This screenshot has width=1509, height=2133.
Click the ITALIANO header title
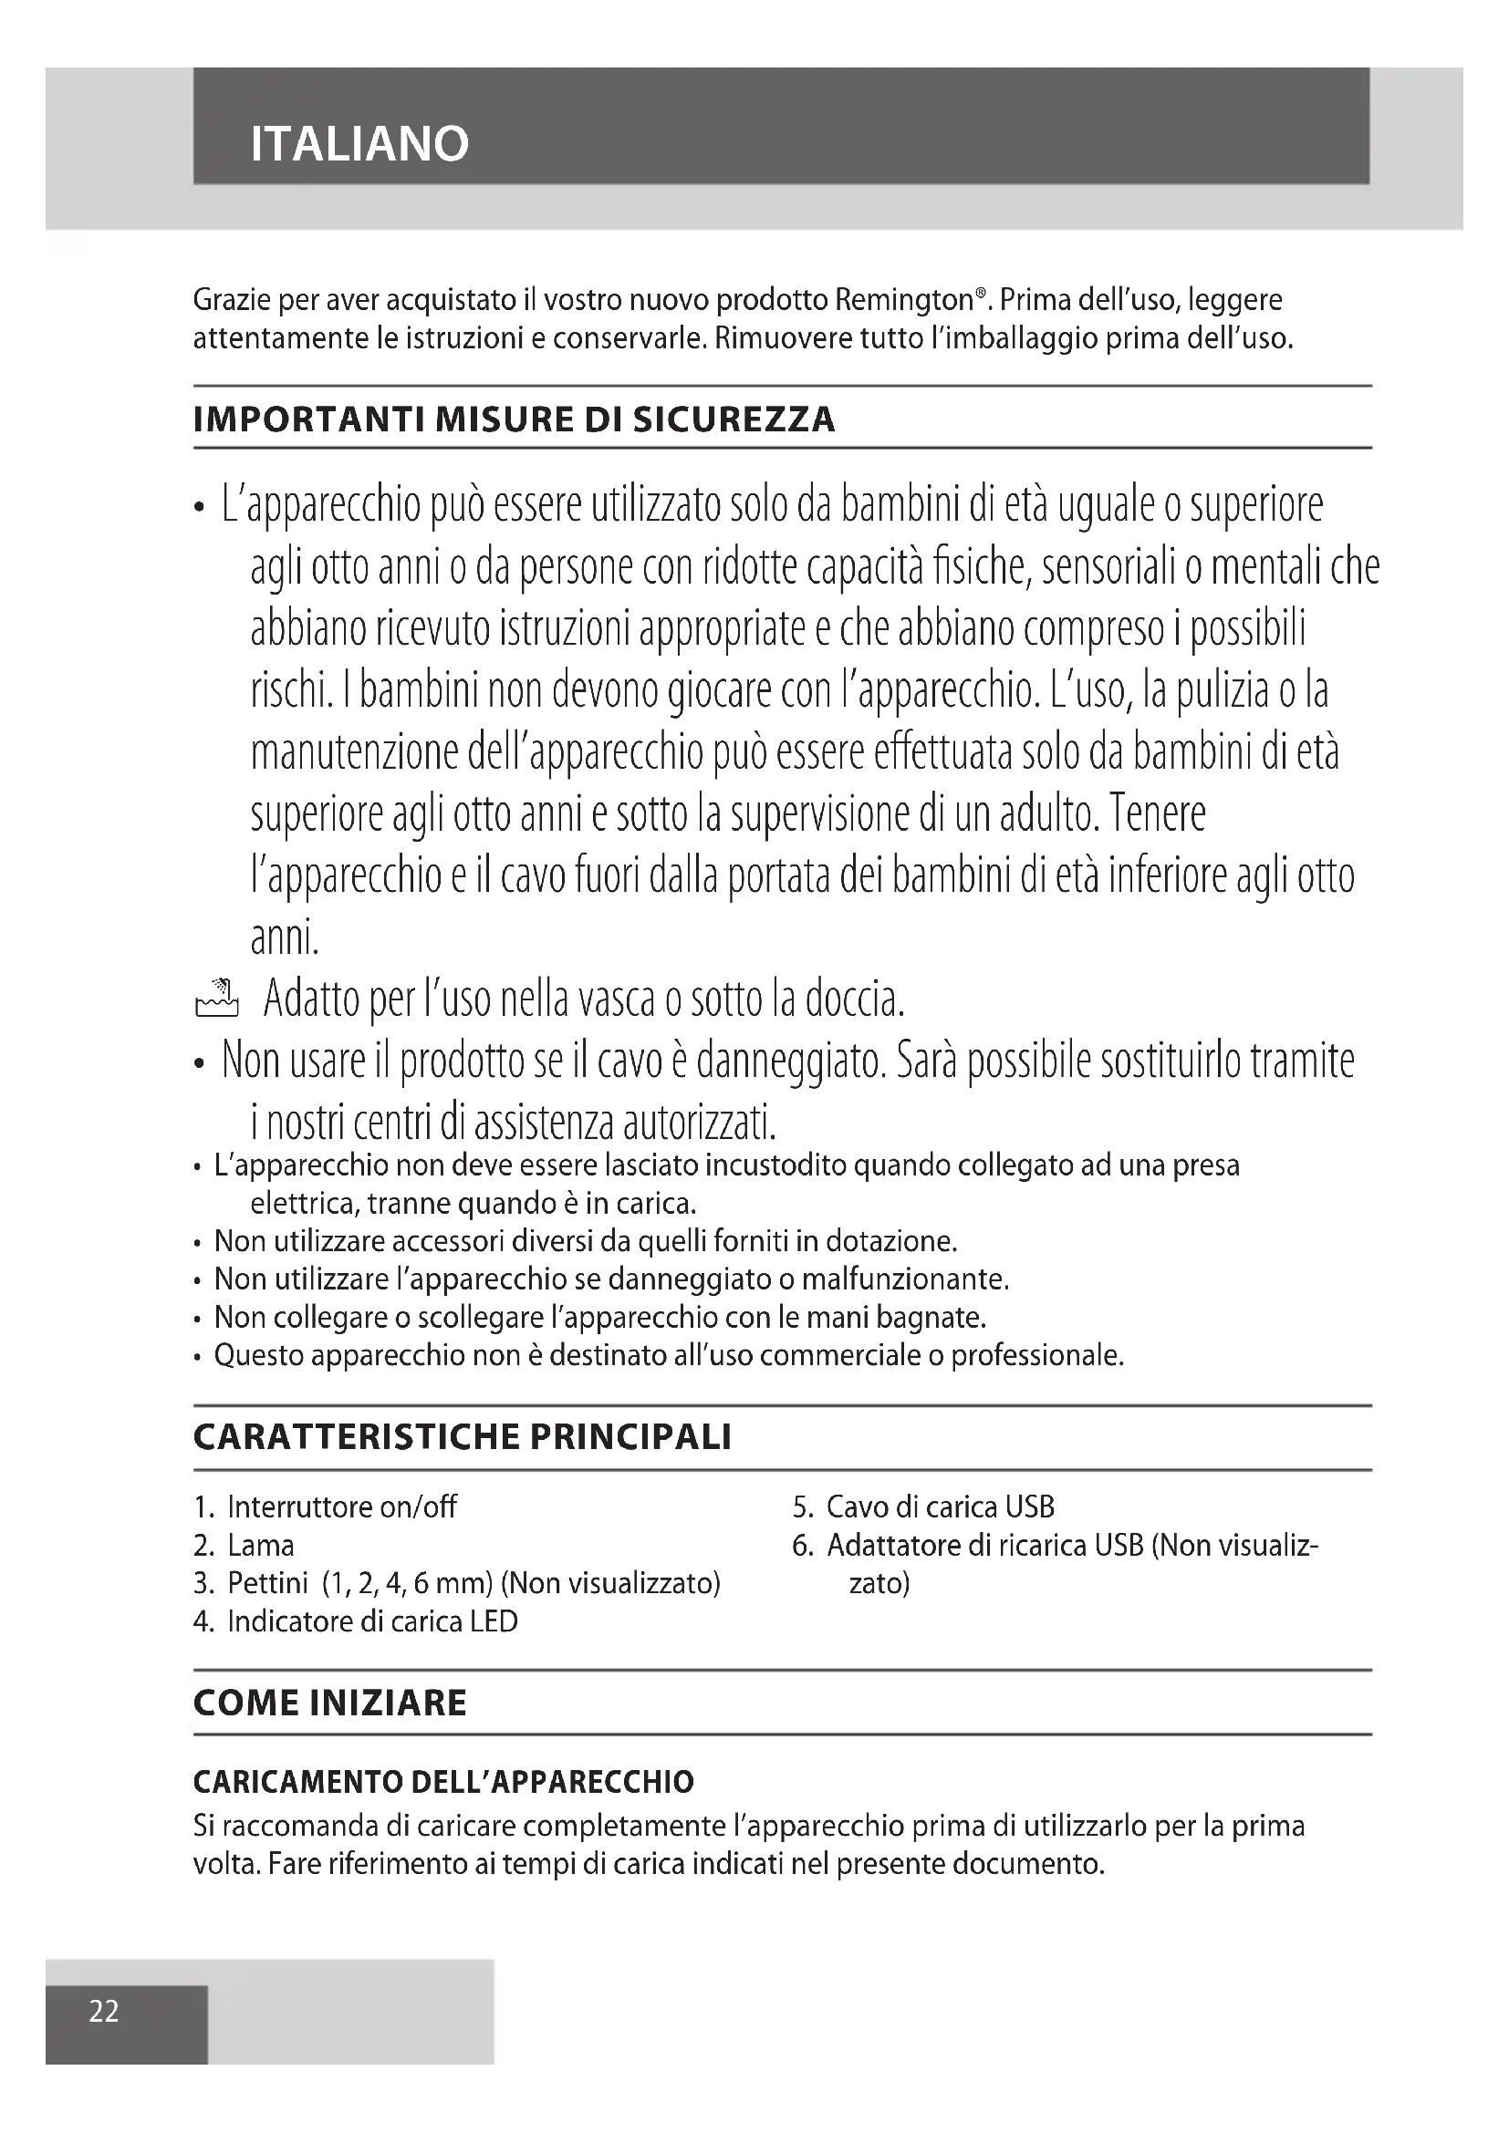click(359, 144)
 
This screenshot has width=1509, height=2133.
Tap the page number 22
click(104, 2011)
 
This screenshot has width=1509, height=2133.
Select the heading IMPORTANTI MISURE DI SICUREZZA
click(514, 419)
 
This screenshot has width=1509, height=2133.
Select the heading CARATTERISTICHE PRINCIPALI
click(462, 1437)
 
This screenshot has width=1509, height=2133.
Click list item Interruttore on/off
click(341, 1507)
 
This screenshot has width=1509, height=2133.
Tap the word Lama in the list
click(261, 1545)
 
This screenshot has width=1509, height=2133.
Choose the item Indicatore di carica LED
click(371, 1621)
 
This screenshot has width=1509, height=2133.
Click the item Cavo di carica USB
click(940, 1507)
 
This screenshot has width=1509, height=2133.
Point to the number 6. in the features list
click(803, 1545)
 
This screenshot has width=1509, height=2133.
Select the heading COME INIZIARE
click(330, 1702)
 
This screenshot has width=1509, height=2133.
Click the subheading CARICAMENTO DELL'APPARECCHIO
click(443, 1782)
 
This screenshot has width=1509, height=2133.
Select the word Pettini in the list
click(267, 1583)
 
